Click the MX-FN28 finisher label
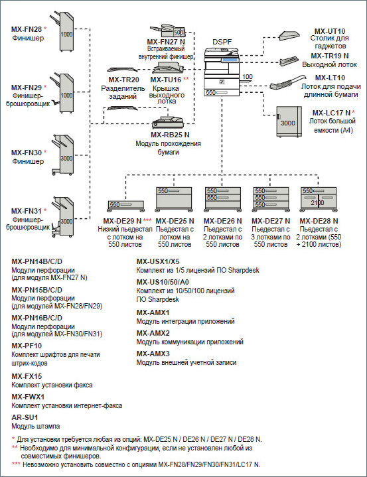pos(27,30)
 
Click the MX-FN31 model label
pos(27,210)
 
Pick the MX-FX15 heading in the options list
pos(27,376)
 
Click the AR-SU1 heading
pos(23,417)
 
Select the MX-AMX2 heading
pos(153,332)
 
